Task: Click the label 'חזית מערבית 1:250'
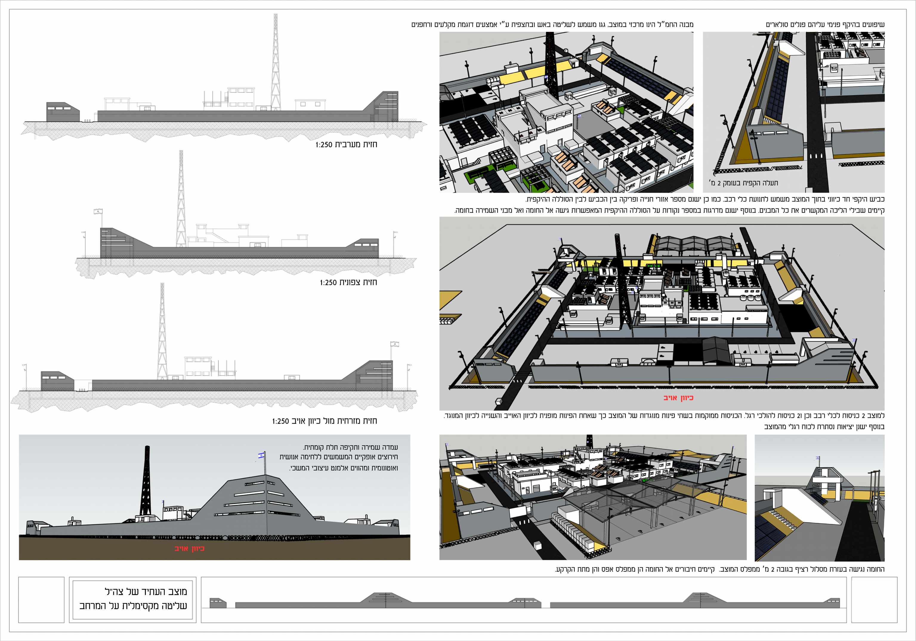(x=346, y=144)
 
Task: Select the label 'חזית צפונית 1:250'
(x=348, y=282)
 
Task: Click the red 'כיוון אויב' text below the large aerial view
(x=678, y=398)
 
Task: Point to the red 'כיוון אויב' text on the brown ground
(x=189, y=549)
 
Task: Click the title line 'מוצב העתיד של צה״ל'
(x=146, y=591)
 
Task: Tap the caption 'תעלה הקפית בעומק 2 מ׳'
(x=743, y=183)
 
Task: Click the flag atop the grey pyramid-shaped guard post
(x=261, y=455)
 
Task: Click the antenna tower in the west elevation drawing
(x=275, y=62)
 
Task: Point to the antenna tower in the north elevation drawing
(x=181, y=198)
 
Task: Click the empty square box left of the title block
(x=41, y=600)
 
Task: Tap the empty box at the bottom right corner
(x=874, y=600)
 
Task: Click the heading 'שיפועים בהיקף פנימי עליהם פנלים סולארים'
(x=825, y=24)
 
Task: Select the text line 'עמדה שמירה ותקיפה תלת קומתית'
(x=350, y=447)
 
